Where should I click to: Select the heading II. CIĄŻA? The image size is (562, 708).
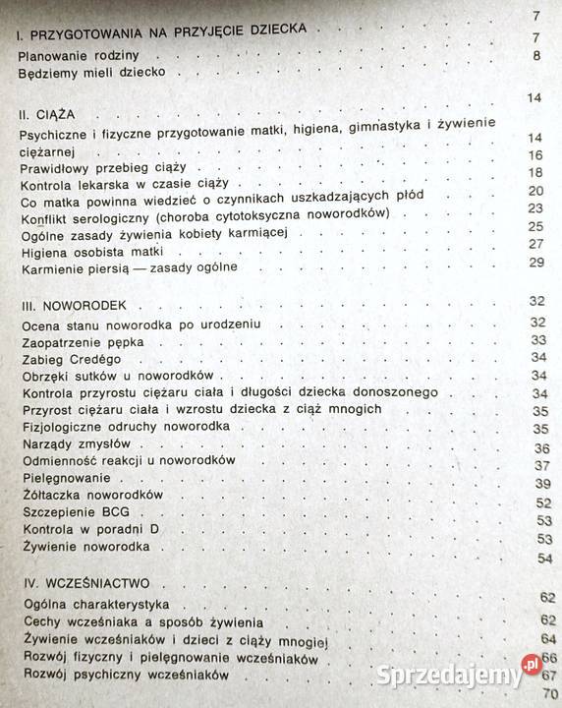(46, 113)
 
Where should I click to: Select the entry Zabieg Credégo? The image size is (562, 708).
(64, 359)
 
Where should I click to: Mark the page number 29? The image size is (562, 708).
(535, 262)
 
